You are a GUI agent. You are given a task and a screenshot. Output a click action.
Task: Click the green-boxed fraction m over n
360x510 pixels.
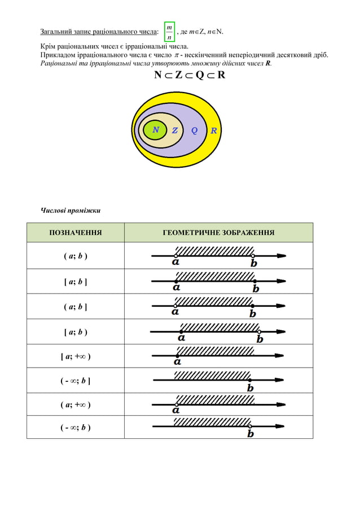(169, 32)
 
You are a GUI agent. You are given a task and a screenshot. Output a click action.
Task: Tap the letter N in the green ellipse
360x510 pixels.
(156, 130)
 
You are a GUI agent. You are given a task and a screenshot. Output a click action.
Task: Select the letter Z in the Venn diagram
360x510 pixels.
(175, 130)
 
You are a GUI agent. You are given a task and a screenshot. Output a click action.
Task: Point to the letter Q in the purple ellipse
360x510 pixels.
(194, 130)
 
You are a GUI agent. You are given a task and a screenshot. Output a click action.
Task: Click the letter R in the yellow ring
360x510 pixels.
(214, 130)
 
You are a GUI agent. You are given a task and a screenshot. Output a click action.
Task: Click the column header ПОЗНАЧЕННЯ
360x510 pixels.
(76, 232)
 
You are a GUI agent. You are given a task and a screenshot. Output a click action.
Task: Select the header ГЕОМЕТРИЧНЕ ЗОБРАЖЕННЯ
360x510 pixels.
(218, 232)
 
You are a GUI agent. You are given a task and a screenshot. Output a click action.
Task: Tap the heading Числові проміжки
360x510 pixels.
(71, 211)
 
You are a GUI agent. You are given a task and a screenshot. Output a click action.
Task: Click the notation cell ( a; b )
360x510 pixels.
(76, 256)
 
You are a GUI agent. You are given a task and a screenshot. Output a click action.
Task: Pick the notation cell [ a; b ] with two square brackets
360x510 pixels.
(76, 282)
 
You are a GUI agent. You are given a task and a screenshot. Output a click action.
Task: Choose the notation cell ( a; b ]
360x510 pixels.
(76, 307)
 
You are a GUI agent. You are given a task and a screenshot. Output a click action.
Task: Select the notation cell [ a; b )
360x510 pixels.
(76, 332)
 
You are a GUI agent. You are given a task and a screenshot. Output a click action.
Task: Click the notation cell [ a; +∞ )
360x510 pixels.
(76, 356)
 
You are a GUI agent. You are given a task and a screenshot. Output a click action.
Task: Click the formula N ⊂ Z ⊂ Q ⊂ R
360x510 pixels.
(190, 75)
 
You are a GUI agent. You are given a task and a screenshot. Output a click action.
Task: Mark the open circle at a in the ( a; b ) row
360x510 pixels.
(176, 256)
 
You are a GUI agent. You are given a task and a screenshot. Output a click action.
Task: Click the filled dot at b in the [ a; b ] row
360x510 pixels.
(255, 281)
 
